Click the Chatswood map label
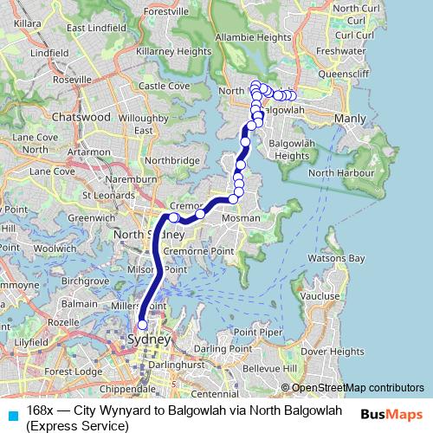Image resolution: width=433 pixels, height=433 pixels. point(81,116)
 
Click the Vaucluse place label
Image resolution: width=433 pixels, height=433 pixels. point(320,295)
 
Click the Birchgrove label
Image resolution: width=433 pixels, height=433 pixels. point(86,281)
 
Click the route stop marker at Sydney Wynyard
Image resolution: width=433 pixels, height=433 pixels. point(143,325)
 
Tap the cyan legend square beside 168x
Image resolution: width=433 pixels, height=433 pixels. point(10,409)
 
